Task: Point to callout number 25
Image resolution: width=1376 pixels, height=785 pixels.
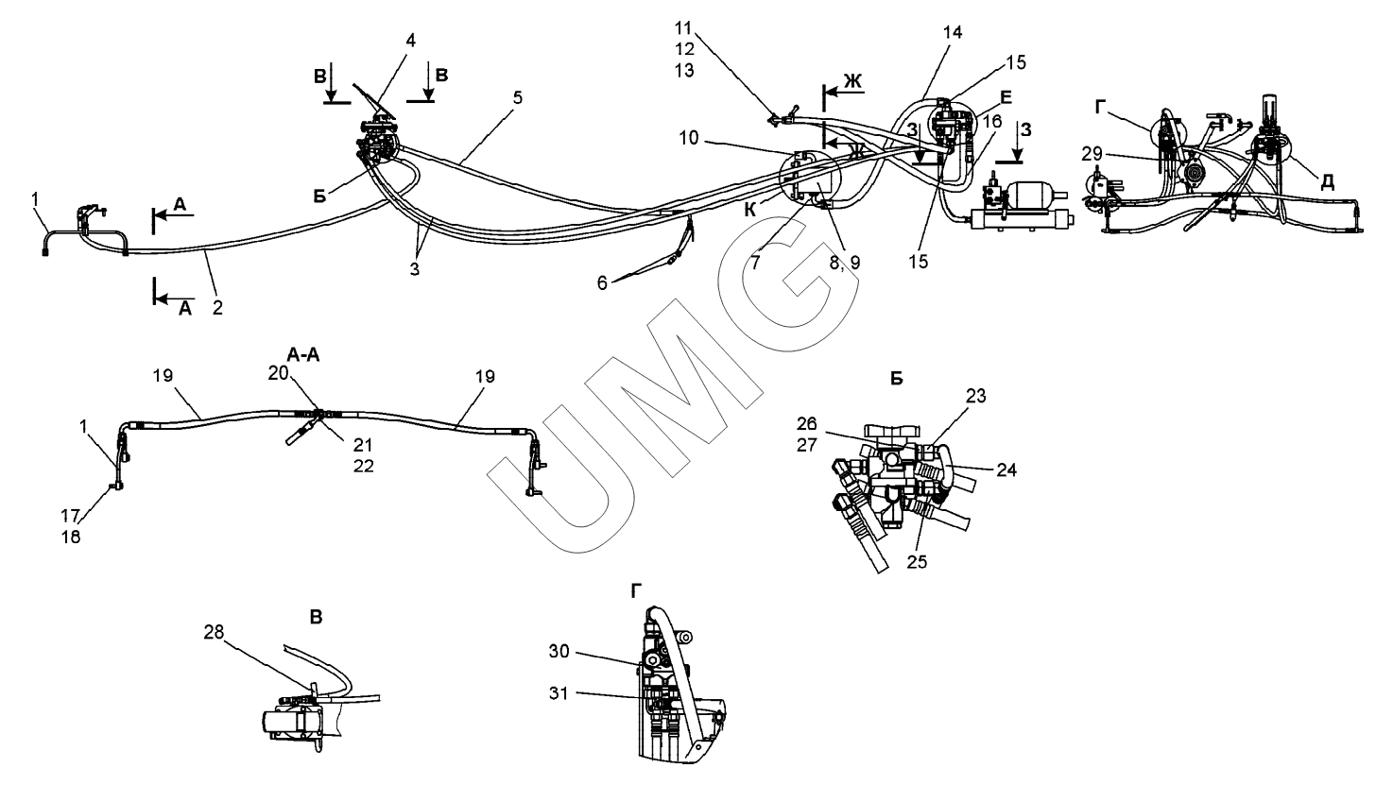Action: tap(916, 560)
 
